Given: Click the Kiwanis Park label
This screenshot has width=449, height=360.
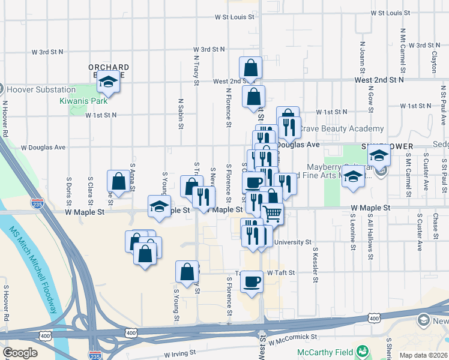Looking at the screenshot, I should pos(83,101).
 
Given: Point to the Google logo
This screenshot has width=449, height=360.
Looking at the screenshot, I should pos(20,353).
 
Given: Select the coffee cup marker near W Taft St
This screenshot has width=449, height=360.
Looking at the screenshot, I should pos(252,280).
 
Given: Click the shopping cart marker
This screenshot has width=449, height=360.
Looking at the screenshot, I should pos(273,212).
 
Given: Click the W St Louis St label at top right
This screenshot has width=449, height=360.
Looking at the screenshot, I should pos(390,13).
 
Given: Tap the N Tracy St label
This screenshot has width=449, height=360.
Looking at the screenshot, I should pos(196,66).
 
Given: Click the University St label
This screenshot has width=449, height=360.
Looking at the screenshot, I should pos(292,243).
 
